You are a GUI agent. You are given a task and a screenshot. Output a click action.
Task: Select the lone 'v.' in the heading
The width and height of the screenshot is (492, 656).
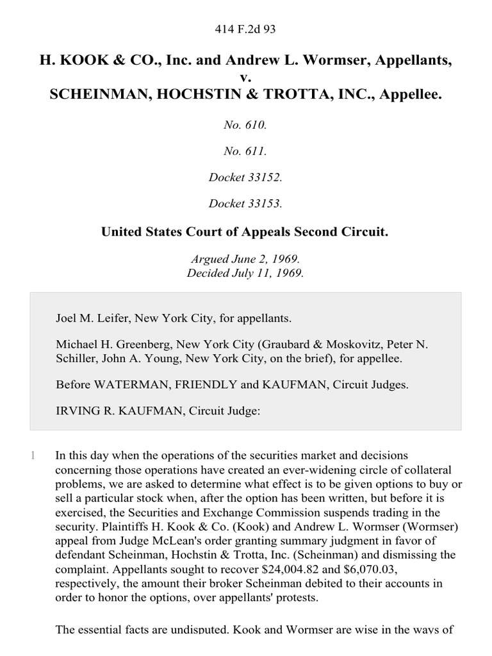click(x=246, y=78)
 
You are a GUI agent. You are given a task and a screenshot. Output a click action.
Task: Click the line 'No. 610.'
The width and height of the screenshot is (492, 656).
click(x=245, y=126)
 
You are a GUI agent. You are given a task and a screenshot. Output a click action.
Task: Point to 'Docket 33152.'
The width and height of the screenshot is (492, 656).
click(x=245, y=177)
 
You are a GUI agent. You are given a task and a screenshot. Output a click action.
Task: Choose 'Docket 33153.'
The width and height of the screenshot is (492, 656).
click(x=245, y=204)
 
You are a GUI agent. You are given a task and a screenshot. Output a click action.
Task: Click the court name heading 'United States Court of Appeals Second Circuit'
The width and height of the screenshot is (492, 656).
click(x=245, y=231)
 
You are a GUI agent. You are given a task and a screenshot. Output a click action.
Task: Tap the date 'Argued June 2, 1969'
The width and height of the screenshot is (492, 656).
click(x=245, y=259)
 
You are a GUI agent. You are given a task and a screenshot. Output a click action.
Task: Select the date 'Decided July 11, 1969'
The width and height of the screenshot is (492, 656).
click(x=245, y=272)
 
